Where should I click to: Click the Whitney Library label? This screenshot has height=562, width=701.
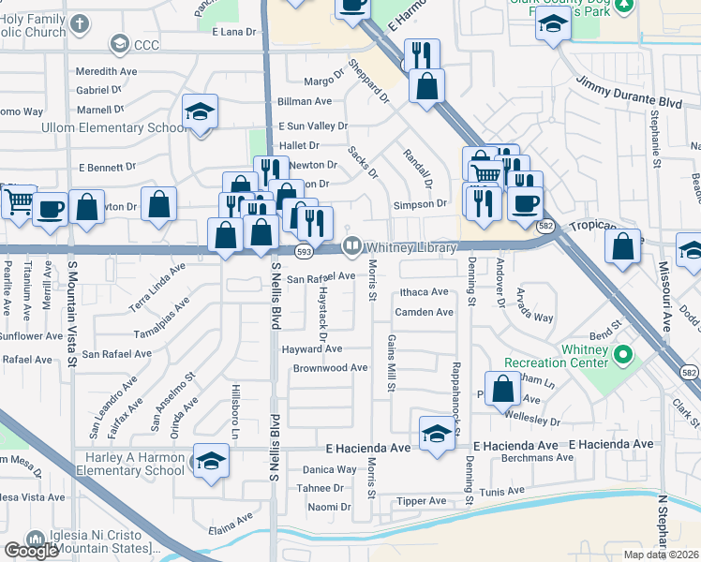point(410,247)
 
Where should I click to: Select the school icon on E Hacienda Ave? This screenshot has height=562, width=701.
point(436,434)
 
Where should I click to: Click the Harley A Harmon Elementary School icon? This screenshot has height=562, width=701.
point(209,461)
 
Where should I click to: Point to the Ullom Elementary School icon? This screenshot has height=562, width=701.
point(200,113)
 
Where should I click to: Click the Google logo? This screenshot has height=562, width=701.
point(31,551)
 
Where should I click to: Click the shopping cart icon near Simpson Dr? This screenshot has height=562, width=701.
point(485,173)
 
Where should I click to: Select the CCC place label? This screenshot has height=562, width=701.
point(148,43)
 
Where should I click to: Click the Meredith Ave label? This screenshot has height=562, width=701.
point(107,71)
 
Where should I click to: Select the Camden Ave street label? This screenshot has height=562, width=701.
point(425,312)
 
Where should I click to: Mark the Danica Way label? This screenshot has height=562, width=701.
point(329,469)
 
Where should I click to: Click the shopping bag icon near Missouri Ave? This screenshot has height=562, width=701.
point(623,246)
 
